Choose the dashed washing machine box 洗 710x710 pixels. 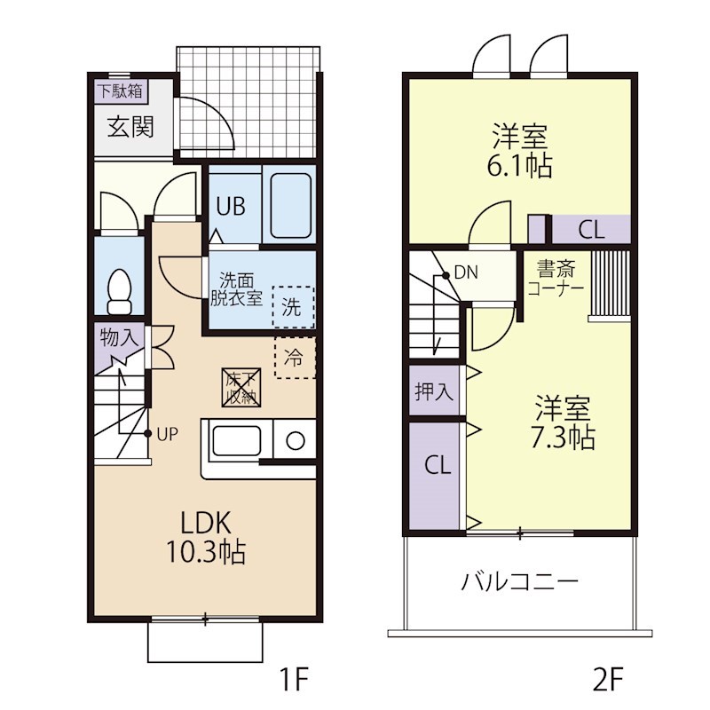(x=292, y=306)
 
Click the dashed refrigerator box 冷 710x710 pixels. (x=295, y=359)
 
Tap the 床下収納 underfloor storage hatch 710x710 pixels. (x=241, y=386)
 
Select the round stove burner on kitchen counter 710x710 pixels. (x=295, y=441)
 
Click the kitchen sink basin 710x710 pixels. (x=236, y=441)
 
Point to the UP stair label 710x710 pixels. (x=168, y=434)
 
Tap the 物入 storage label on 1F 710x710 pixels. (x=118, y=337)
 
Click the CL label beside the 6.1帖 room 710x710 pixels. (x=591, y=230)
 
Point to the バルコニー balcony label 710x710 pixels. (x=519, y=582)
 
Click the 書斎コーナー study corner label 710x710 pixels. (x=556, y=279)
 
